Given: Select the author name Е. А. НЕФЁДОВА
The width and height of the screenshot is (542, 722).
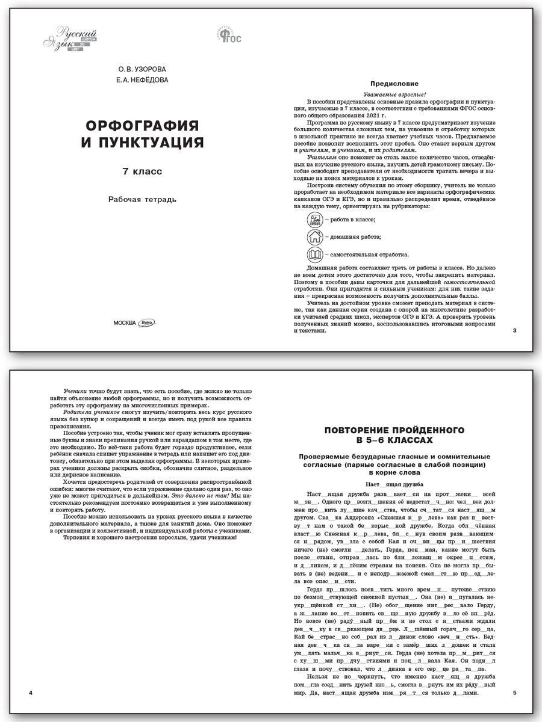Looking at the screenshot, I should pyautogui.click(x=143, y=79).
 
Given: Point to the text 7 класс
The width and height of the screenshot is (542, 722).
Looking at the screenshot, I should pyautogui.click(x=143, y=171).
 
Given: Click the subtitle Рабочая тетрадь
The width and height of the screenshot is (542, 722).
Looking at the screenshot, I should pyautogui.click(x=143, y=200).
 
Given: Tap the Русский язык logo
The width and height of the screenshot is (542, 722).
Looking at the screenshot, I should pyautogui.click(x=69, y=38).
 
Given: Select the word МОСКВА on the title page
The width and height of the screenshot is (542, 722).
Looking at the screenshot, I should pyautogui.click(x=125, y=322).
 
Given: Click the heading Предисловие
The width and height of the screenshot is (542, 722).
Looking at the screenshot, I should pyautogui.click(x=395, y=84).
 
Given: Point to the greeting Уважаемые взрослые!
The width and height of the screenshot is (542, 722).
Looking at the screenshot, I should pyautogui.click(x=395, y=95).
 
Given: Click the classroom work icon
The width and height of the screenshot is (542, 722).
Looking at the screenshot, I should pyautogui.click(x=315, y=220).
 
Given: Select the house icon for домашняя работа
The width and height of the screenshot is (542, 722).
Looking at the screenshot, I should pyautogui.click(x=315, y=237).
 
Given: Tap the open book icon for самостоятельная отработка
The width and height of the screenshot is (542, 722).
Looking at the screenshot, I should pyautogui.click(x=315, y=254).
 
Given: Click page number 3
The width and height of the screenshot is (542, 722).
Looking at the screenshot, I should pyautogui.click(x=513, y=331).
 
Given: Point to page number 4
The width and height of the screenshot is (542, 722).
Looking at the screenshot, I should pyautogui.click(x=31, y=694).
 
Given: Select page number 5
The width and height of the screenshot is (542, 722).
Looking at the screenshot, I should pyautogui.click(x=514, y=694).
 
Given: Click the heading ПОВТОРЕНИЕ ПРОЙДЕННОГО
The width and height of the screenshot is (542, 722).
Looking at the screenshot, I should pyautogui.click(x=394, y=430).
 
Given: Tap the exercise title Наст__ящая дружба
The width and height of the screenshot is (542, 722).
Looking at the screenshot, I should pyautogui.click(x=394, y=483).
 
